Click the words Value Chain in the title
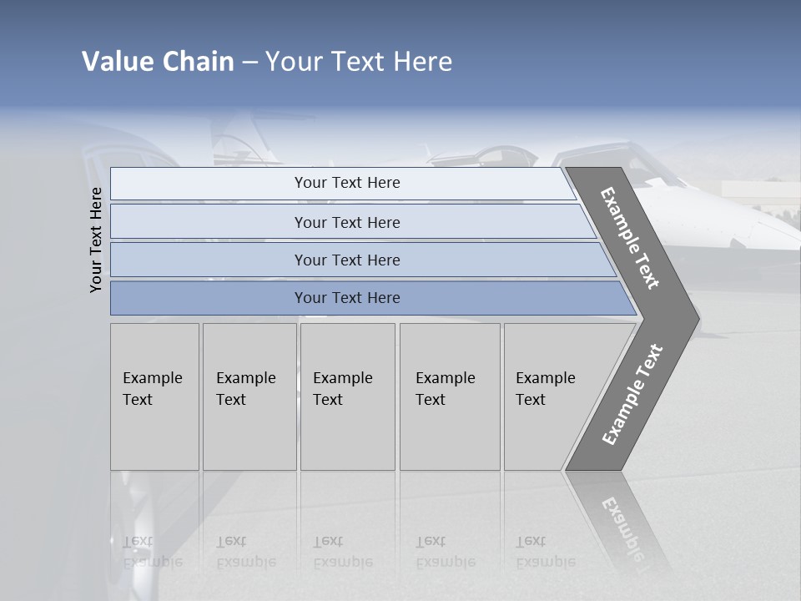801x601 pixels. point(158,62)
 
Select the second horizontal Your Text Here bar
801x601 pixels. point(346,222)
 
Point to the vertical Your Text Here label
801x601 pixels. point(97,240)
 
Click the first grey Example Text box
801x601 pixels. point(154,396)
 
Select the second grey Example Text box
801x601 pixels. point(249,396)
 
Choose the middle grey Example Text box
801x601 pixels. point(347,396)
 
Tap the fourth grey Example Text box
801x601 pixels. point(450,396)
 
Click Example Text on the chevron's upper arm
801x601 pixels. point(631,239)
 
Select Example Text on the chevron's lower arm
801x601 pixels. point(632,394)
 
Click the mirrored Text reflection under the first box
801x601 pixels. point(138,541)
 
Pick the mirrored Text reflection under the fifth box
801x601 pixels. point(531,541)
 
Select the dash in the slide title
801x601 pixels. point(249,63)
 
